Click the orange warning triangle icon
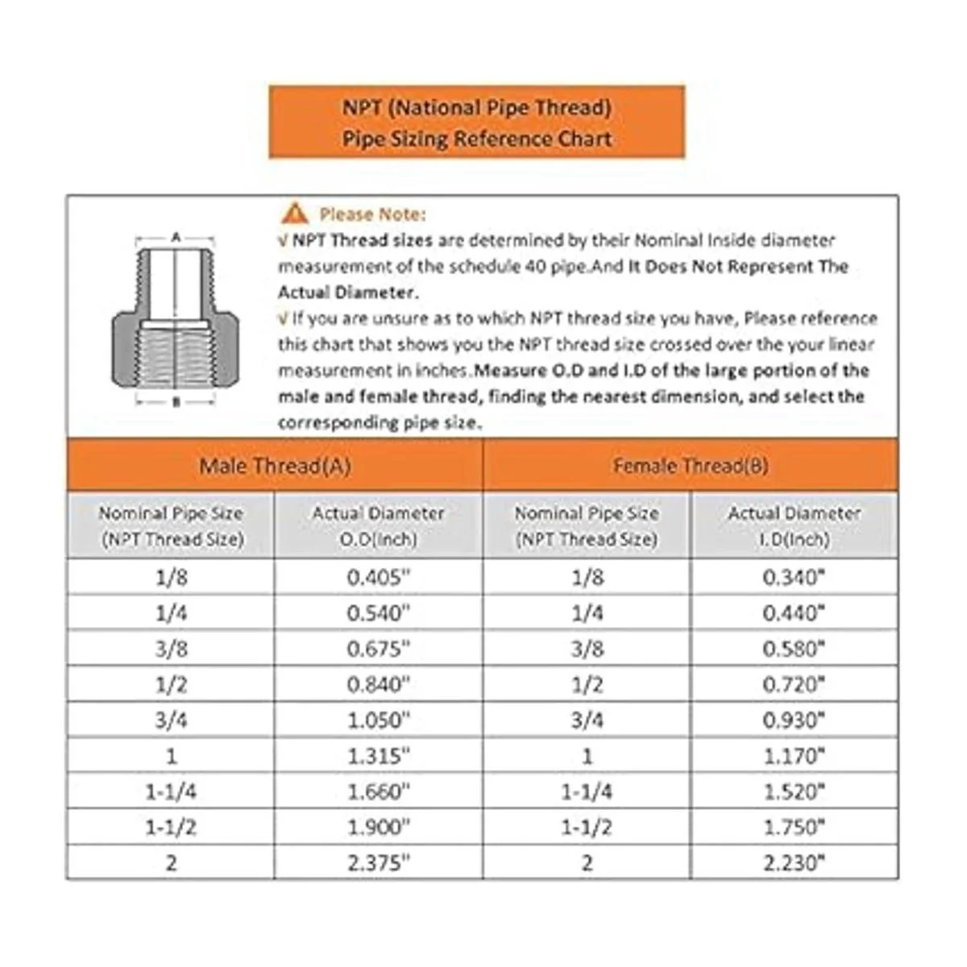(x=295, y=213)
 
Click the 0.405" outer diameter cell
(x=379, y=577)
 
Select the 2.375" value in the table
(x=379, y=862)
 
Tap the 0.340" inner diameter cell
(x=795, y=577)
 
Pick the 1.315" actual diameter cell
(x=379, y=756)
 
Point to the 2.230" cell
(x=795, y=862)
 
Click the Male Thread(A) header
(x=275, y=466)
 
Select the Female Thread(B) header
(x=691, y=466)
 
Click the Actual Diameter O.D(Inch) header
(x=379, y=525)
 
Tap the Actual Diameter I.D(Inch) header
(x=795, y=525)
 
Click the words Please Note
(x=372, y=214)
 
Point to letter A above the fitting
(x=176, y=238)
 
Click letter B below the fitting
(x=176, y=402)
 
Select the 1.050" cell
(x=379, y=720)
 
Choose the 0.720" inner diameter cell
(x=795, y=684)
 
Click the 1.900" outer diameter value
(x=379, y=827)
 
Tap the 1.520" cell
(x=795, y=791)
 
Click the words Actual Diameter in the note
(x=347, y=292)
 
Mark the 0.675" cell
(x=379, y=649)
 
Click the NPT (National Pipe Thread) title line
(x=477, y=107)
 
